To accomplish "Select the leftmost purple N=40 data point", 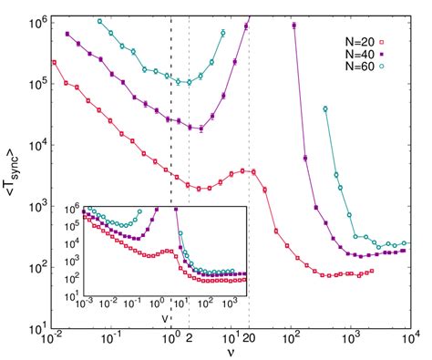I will point(67,34).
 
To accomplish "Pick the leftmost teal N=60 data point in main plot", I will point(99,20).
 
